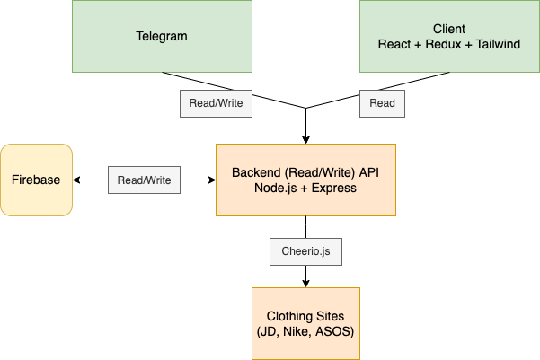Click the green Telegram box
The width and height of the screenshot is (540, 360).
162,36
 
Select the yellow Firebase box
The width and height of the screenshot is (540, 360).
36,180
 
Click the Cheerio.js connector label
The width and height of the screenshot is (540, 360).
305,251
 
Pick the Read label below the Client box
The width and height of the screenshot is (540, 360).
382,103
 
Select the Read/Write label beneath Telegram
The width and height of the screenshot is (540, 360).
216,103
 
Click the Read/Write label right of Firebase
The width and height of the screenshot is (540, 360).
145,180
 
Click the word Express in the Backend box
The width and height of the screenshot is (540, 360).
334,188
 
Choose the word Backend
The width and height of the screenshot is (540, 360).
256,172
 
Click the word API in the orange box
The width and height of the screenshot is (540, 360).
369,172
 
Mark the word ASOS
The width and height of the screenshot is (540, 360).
335,332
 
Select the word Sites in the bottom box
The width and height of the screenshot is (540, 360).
331,317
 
